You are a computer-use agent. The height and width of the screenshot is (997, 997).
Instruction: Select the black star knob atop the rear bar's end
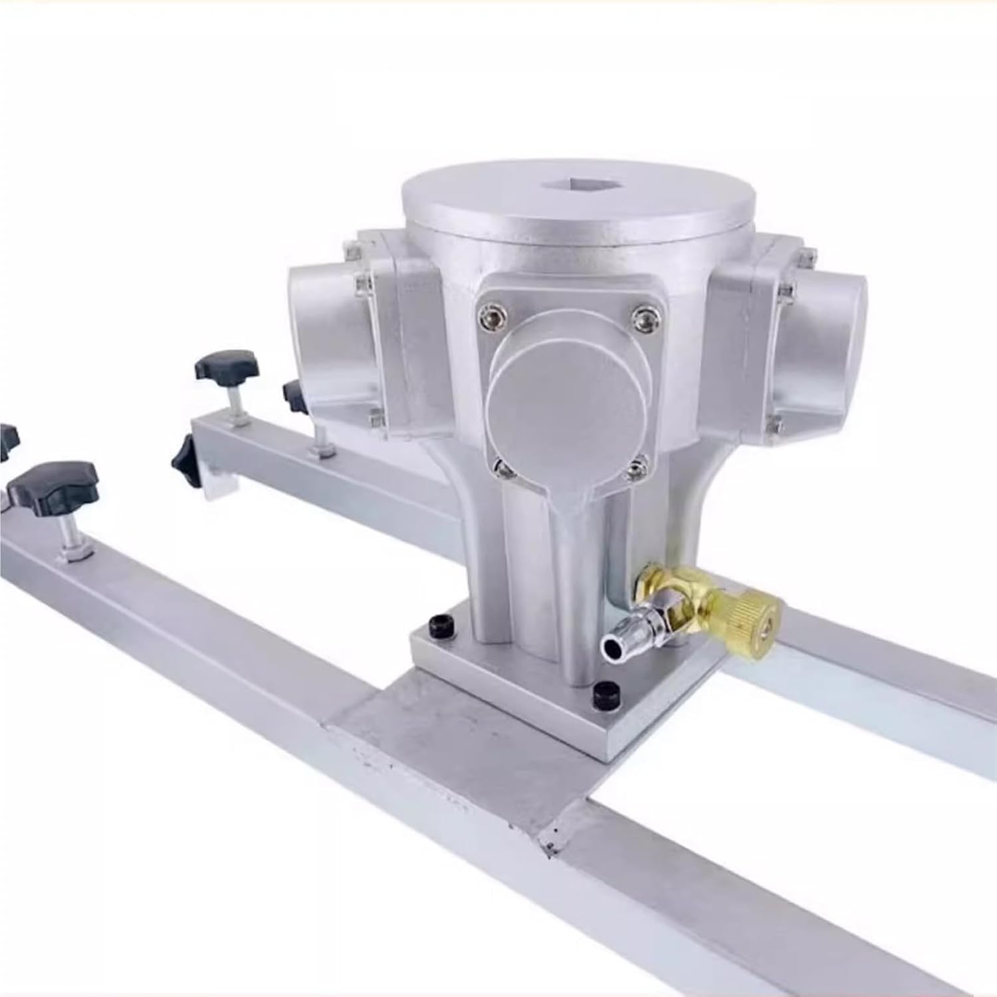click(x=227, y=366)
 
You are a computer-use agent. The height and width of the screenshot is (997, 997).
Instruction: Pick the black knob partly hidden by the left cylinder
click(x=293, y=397)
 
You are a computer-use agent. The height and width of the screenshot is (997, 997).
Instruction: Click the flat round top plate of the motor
click(x=578, y=213)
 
